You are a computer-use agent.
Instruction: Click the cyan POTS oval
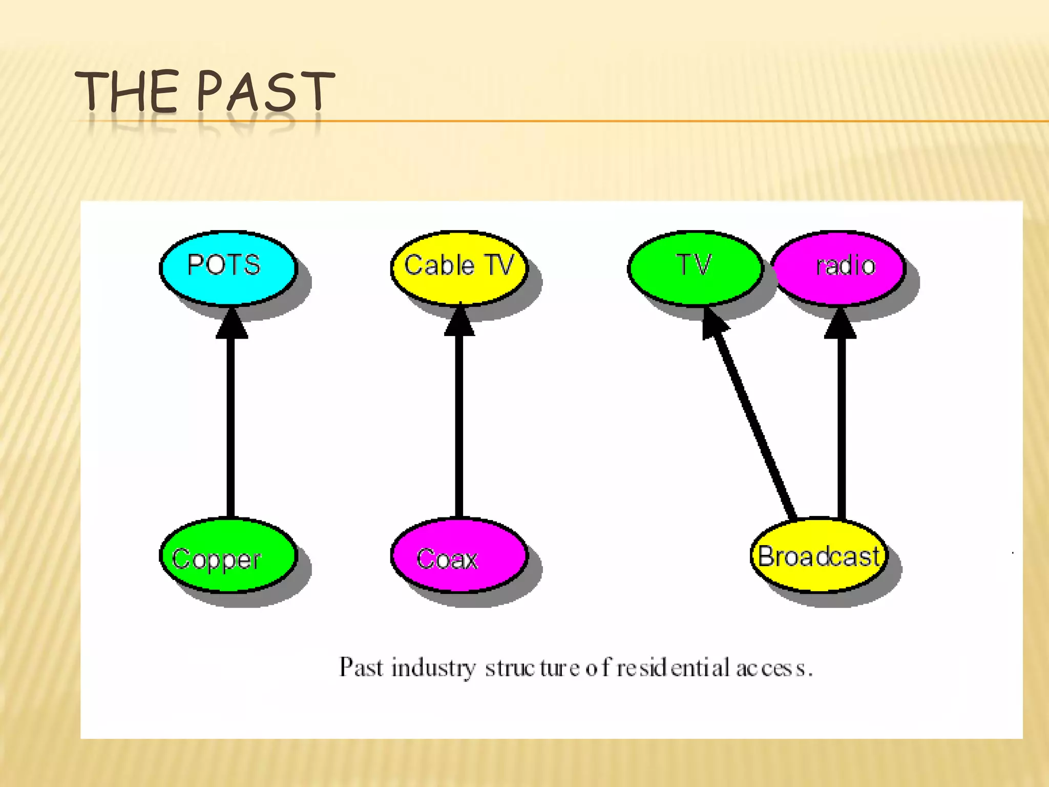(228, 267)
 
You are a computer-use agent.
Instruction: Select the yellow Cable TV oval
(459, 267)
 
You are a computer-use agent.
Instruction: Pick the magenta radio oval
(838, 267)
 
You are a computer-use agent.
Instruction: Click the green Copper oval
(228, 555)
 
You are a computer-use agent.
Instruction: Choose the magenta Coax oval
(459, 555)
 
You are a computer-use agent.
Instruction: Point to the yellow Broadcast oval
(819, 555)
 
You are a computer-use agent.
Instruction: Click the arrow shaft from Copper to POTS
(231, 425)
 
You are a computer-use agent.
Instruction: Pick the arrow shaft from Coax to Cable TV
(459, 425)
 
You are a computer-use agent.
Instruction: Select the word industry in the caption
(433, 668)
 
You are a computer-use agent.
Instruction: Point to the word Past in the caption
(361, 667)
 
